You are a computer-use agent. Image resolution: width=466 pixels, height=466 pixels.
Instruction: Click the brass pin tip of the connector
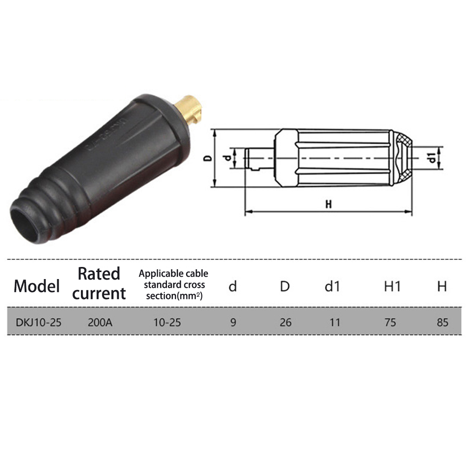(189, 109)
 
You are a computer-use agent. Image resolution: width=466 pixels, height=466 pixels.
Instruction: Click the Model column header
(37, 286)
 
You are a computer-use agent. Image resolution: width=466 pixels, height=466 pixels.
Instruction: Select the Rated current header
(99, 283)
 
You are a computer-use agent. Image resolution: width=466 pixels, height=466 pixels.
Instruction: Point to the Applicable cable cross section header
(173, 285)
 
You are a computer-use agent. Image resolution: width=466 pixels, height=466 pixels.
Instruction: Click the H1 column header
(393, 286)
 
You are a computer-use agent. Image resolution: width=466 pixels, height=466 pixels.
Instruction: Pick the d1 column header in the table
(332, 286)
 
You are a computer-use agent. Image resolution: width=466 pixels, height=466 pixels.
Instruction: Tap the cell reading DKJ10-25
(38, 322)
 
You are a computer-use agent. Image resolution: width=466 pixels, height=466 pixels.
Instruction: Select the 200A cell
(100, 322)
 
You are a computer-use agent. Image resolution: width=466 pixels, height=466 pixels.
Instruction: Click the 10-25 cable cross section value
(167, 322)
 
